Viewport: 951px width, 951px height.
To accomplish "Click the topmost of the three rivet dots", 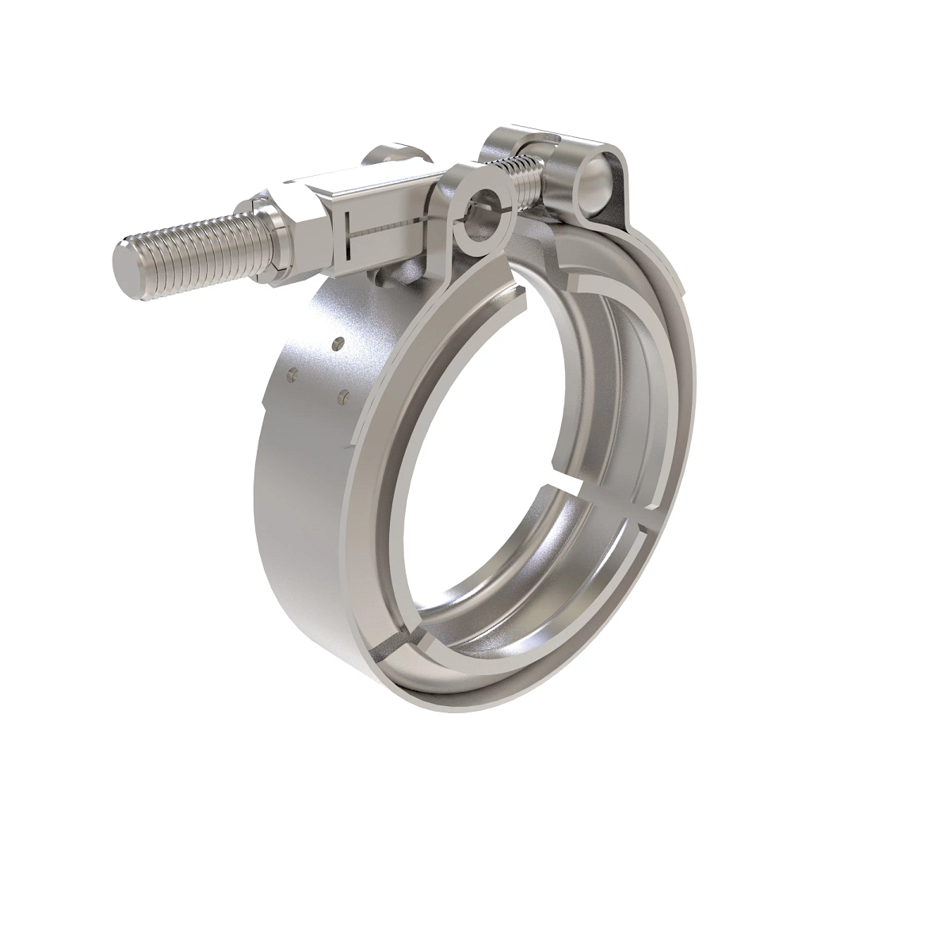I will [x=338, y=343].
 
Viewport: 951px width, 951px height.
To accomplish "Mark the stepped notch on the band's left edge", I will [x=269, y=388].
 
